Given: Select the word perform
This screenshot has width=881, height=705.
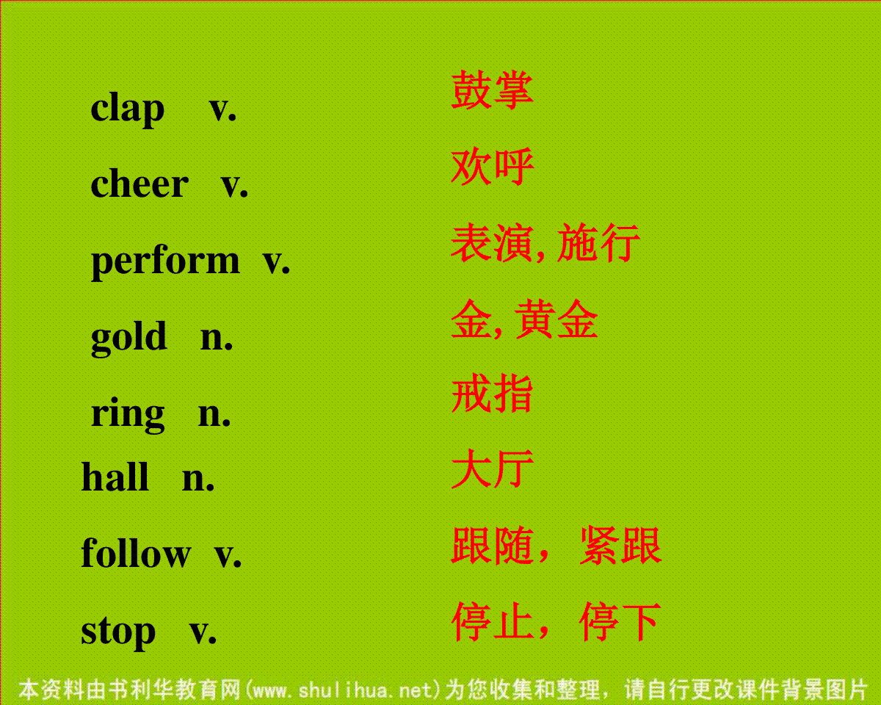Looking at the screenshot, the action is [165, 261].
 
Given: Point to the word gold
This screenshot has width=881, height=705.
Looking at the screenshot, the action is [128, 337].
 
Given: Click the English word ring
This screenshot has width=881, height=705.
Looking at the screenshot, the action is [127, 414].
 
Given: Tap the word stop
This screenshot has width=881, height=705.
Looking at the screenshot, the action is [118, 632].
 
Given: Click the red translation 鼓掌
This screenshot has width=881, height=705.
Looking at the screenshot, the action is [492, 90].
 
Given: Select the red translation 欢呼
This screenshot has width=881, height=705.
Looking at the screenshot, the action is [493, 166].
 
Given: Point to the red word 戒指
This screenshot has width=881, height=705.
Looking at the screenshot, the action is [492, 394].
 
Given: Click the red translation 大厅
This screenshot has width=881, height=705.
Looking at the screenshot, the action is [493, 469].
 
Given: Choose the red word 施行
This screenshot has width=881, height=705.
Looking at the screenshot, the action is [598, 242].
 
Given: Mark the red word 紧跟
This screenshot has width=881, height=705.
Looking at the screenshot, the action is [620, 545].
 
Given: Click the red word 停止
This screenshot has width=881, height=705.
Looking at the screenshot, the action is [493, 621].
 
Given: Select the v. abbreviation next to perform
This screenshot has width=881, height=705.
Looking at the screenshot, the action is [276, 262].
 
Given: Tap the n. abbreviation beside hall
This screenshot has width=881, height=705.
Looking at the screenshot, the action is [198, 480].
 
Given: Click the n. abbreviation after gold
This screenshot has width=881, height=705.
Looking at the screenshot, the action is [217, 339].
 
